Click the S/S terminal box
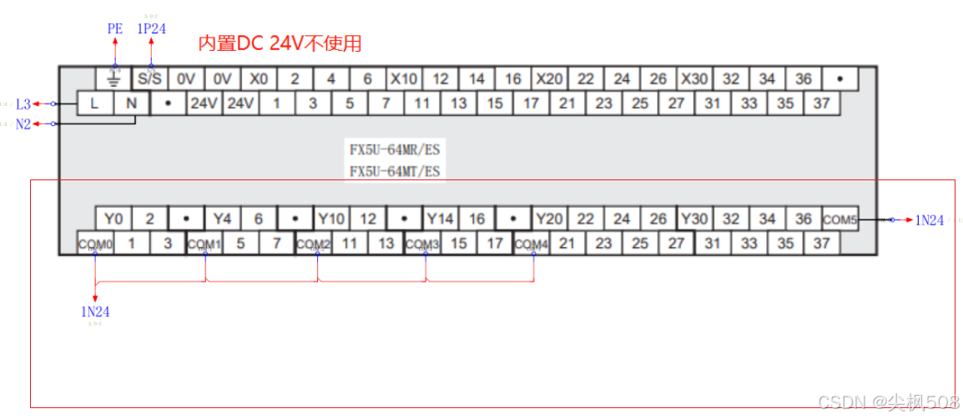[149, 79]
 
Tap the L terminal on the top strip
[93, 103]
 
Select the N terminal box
[130, 103]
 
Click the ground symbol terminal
[114, 79]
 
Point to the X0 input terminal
[259, 79]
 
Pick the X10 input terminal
[404, 79]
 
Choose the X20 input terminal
[549, 79]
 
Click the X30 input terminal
[694, 79]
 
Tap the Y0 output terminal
[113, 219]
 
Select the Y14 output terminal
[441, 219]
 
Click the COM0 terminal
[94, 244]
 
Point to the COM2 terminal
[314, 244]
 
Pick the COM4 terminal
[532, 244]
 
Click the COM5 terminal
[839, 220]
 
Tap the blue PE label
[115, 28]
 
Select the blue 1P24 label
[151, 28]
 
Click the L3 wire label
[23, 104]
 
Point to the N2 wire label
[23, 124]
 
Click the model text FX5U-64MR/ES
[394, 151]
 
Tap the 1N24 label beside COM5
[929, 220]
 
